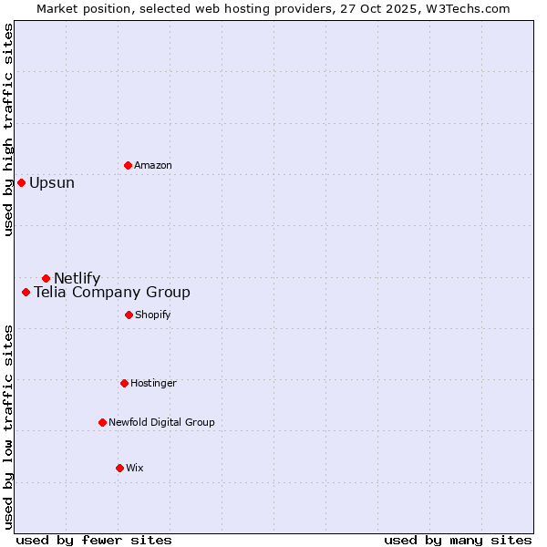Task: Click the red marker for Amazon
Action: point(128,165)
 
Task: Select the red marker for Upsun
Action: point(21,182)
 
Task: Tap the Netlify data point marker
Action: point(46,278)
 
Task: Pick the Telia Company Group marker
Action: point(26,293)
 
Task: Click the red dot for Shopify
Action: point(129,315)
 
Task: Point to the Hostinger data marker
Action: point(124,383)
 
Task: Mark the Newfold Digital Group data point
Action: point(102,422)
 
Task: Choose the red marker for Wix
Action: point(119,468)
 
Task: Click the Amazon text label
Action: point(153,165)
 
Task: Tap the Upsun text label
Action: point(52,182)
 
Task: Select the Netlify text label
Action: point(77,278)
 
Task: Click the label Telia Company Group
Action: point(112,293)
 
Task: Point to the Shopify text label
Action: point(153,315)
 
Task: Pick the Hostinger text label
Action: point(153,383)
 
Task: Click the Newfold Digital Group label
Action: point(161,422)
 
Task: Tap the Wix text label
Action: point(135,468)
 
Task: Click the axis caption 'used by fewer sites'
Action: point(94,540)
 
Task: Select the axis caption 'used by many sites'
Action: point(458,540)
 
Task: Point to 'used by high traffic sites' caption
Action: point(8,129)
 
